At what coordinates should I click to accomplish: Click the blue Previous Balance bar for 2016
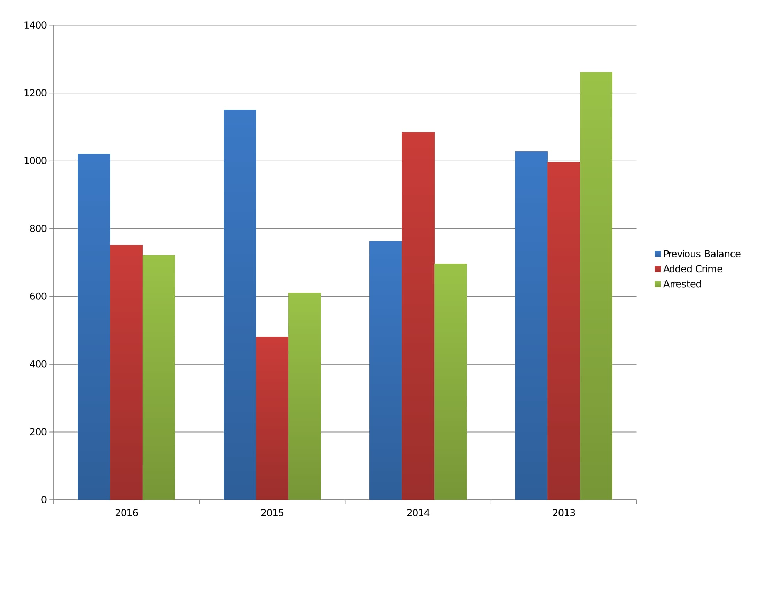(x=94, y=326)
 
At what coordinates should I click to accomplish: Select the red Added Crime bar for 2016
(x=126, y=372)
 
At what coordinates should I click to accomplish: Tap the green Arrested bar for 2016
(x=158, y=377)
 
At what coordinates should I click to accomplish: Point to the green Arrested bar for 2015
(x=304, y=396)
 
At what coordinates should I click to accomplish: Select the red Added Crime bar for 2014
(x=418, y=316)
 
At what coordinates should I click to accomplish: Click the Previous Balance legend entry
(x=702, y=254)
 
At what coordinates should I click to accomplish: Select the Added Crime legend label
(x=693, y=269)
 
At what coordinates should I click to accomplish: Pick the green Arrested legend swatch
(x=657, y=284)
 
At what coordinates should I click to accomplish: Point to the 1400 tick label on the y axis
(x=35, y=25)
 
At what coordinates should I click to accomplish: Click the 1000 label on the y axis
(x=35, y=161)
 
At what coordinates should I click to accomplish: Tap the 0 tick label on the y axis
(x=44, y=500)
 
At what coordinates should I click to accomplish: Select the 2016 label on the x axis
(x=126, y=513)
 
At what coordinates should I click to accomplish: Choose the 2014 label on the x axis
(x=418, y=513)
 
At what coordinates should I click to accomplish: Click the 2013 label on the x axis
(x=564, y=513)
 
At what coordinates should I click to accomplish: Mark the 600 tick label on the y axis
(x=38, y=296)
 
